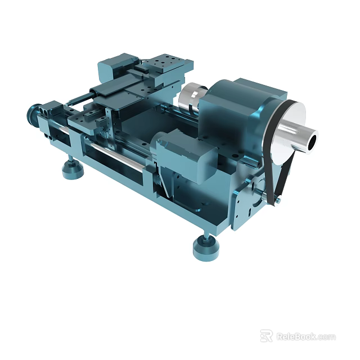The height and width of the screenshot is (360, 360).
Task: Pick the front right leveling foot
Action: click(206, 247)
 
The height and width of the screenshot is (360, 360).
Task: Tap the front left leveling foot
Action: click(73, 169)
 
